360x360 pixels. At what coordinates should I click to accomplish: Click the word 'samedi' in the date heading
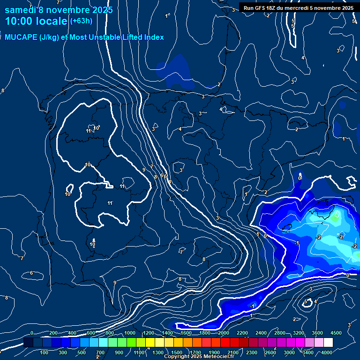pyautogui.click(x=20, y=10)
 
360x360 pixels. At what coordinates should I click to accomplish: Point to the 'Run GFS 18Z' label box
pyautogui.click(x=299, y=8)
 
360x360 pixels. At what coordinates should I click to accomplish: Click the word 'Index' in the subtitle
pyautogui.click(x=152, y=37)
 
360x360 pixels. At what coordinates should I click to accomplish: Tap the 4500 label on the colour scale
pyautogui.click(x=336, y=333)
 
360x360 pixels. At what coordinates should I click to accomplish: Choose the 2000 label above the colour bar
pyautogui.click(x=224, y=333)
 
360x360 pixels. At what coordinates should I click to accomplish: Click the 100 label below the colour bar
pyautogui.click(x=45, y=352)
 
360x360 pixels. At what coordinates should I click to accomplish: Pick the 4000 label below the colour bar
pyautogui.click(x=327, y=352)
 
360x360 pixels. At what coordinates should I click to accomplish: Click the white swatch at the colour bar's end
pyautogui.click(x=336, y=343)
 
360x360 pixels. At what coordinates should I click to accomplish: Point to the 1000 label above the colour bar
pyautogui.click(x=130, y=333)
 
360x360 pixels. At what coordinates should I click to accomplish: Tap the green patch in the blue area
pyautogui.click(x=336, y=217)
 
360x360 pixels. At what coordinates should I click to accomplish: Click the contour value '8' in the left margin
pyautogui.click(x=3, y=90)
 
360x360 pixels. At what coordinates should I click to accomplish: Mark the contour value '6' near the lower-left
pyautogui.click(x=31, y=273)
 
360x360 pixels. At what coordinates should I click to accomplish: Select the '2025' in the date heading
pyautogui.click(x=100, y=10)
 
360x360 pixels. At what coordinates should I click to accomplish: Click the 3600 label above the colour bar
pyautogui.click(x=317, y=333)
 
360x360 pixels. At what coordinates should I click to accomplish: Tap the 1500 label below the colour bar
pyautogui.click(x=177, y=352)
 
